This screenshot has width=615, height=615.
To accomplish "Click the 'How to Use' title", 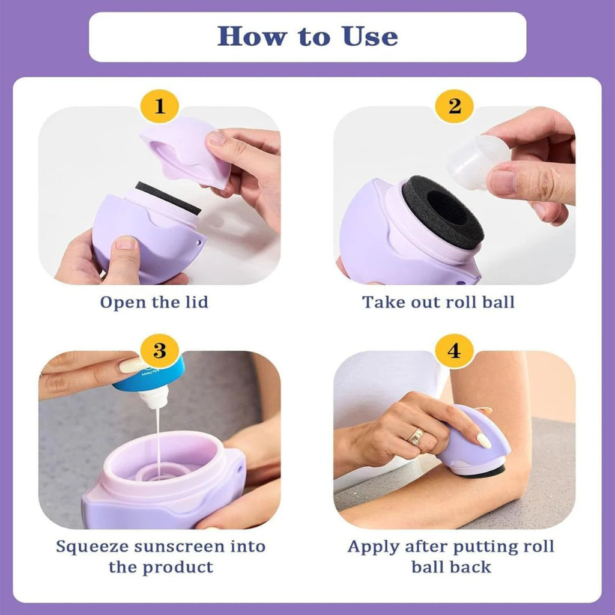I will (x=307, y=37).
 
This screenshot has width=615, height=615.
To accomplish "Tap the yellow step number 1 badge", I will (x=159, y=107).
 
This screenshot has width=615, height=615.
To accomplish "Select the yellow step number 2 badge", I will (x=455, y=107).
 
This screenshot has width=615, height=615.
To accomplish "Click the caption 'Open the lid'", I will (x=154, y=301).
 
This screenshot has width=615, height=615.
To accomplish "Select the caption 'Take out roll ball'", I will (x=438, y=301).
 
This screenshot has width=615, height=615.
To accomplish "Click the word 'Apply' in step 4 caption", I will (x=373, y=547).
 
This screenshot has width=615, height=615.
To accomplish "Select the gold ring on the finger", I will (x=416, y=437).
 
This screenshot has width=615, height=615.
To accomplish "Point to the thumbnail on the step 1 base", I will (x=126, y=243).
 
